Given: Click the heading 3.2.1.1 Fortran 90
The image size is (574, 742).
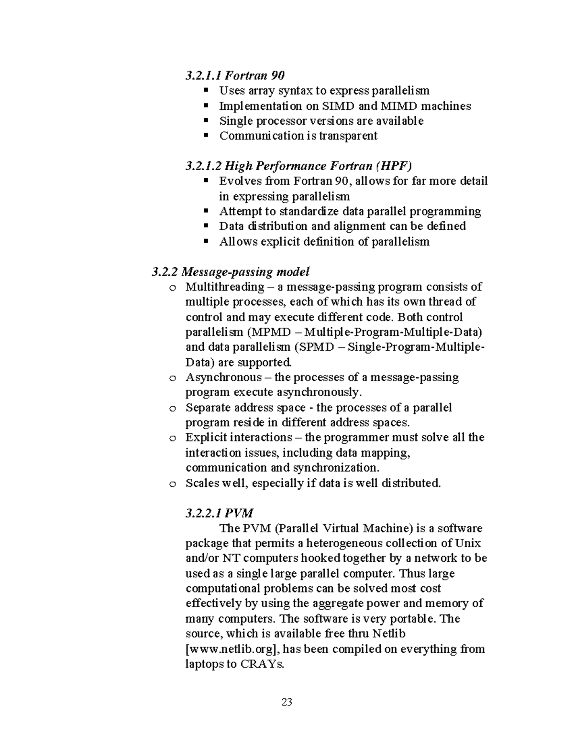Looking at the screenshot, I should tap(235, 75).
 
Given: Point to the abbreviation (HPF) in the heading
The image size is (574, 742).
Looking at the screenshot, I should tap(393, 166).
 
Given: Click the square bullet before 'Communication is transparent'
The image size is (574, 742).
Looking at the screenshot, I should tap(206, 136).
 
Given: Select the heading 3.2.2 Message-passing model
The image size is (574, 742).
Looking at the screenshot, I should tap(231, 272).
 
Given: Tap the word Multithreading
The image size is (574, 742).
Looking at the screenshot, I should tap(225, 287).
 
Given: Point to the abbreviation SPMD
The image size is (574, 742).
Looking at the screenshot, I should tap(316, 347).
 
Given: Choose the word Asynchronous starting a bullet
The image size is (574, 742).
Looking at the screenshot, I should tap(222, 377).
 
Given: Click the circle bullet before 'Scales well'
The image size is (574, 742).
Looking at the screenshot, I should tap(172, 484).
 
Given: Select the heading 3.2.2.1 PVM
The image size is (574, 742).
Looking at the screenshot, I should tap(220, 513).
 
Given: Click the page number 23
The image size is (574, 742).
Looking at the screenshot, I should tap(287, 702).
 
